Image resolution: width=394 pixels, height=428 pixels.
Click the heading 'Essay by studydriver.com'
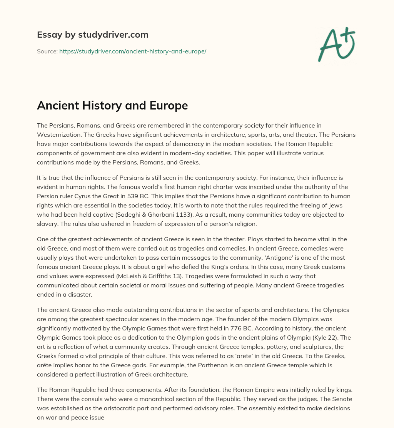click(x=93, y=35)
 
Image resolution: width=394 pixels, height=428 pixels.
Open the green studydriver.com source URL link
click(x=133, y=51)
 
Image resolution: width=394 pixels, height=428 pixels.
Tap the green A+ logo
click(x=336, y=44)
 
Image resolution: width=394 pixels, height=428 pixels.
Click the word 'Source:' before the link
click(x=47, y=51)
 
